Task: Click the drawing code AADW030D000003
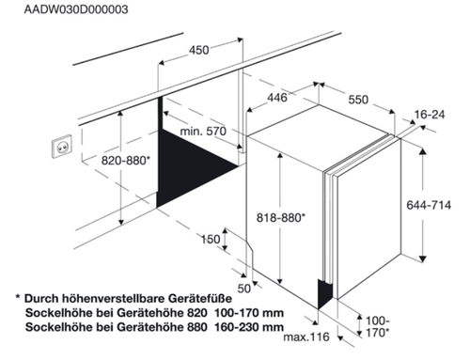(x=76, y=9)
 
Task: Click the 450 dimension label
(x=198, y=50)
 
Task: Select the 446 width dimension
(x=277, y=98)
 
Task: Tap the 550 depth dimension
(x=358, y=100)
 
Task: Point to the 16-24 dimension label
(x=430, y=115)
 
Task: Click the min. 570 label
(x=203, y=131)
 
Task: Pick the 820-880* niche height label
(x=126, y=161)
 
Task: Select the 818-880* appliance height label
(x=281, y=217)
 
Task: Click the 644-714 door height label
(x=429, y=205)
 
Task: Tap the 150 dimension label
(x=211, y=240)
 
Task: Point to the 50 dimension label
(x=244, y=289)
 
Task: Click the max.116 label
(x=306, y=337)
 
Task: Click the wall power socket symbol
(x=62, y=147)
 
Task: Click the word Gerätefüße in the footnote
(x=200, y=298)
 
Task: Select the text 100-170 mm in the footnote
(x=249, y=313)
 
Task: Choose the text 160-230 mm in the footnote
(x=249, y=327)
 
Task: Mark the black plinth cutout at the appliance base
(x=324, y=294)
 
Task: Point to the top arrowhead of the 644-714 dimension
(x=423, y=151)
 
